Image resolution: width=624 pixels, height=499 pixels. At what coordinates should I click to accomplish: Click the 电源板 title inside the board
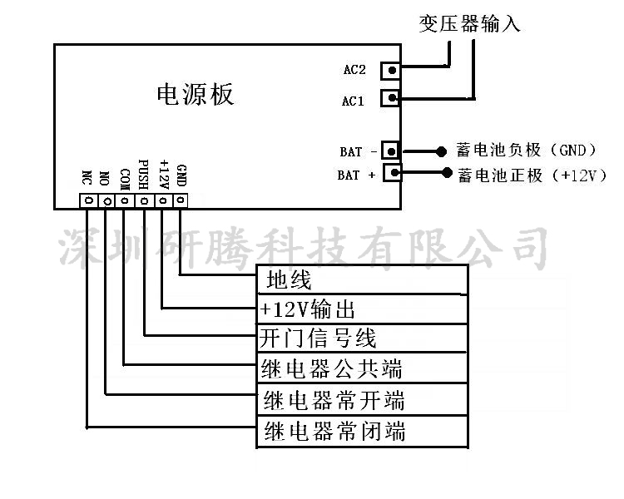196,95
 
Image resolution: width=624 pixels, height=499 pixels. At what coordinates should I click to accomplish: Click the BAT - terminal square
390,151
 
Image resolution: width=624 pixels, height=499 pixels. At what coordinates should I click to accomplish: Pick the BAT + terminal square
390,173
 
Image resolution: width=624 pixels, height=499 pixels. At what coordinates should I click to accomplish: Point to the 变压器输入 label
470,24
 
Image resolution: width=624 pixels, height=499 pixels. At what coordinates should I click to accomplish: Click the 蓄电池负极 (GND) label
527,151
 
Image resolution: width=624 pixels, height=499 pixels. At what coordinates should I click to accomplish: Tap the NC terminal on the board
87,200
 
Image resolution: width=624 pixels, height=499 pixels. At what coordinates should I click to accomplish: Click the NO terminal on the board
106,200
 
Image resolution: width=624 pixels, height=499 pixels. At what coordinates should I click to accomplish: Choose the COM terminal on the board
125,200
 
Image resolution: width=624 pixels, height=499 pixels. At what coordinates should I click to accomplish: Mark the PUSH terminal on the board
144,200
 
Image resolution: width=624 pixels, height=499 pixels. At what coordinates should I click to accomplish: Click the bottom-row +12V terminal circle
163,200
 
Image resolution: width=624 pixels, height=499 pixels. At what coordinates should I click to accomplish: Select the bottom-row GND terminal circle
181,200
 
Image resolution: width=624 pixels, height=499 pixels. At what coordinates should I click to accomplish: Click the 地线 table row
362,279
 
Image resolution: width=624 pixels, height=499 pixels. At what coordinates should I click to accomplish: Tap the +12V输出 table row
362,309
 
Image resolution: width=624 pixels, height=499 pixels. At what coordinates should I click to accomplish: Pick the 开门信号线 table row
362,338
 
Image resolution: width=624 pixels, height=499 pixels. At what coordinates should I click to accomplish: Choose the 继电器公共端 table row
362,368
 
